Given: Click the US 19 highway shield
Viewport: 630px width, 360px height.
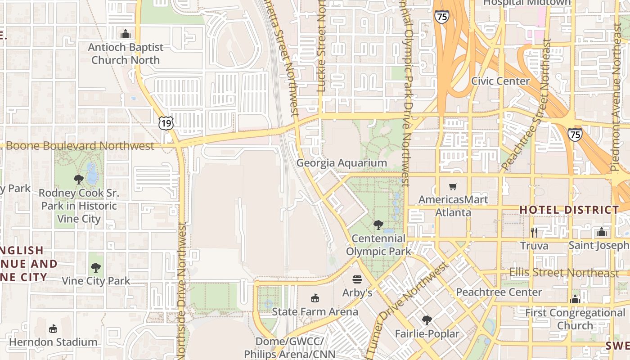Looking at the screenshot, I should pos(166,123).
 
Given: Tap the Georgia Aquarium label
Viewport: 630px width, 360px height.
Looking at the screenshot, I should pos(342,163).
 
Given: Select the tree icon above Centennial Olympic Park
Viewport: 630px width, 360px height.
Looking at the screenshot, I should pos(378,225).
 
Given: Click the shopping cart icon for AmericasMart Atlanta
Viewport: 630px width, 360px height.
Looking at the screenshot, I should pos(453,186).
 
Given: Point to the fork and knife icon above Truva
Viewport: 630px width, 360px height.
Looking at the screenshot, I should pos(534,232).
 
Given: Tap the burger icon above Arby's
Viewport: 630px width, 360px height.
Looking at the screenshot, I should pos(357,279).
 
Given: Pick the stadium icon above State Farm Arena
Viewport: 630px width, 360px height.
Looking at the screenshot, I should pos(315,298).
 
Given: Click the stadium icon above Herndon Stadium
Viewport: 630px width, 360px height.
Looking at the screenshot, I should pos(53,328).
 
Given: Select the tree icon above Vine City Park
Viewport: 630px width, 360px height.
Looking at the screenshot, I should pos(95,268).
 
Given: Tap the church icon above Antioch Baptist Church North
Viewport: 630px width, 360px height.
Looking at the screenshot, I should pos(125,34).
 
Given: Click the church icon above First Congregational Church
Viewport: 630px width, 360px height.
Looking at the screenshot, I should pos(575,299).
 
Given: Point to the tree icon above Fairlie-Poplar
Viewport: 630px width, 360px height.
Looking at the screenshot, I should pos(427,320).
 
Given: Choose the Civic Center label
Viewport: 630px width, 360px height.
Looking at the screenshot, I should pos(500,81).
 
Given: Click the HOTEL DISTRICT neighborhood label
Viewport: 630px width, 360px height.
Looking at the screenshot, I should pos(570,210).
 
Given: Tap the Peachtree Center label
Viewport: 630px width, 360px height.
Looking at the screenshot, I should pos(499,292).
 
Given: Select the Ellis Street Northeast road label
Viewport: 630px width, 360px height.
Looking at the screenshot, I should pos(564,273).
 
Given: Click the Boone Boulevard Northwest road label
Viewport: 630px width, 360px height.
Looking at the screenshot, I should pos(80,146).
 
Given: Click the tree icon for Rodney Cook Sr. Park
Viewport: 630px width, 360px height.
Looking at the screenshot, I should pos(79,180).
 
